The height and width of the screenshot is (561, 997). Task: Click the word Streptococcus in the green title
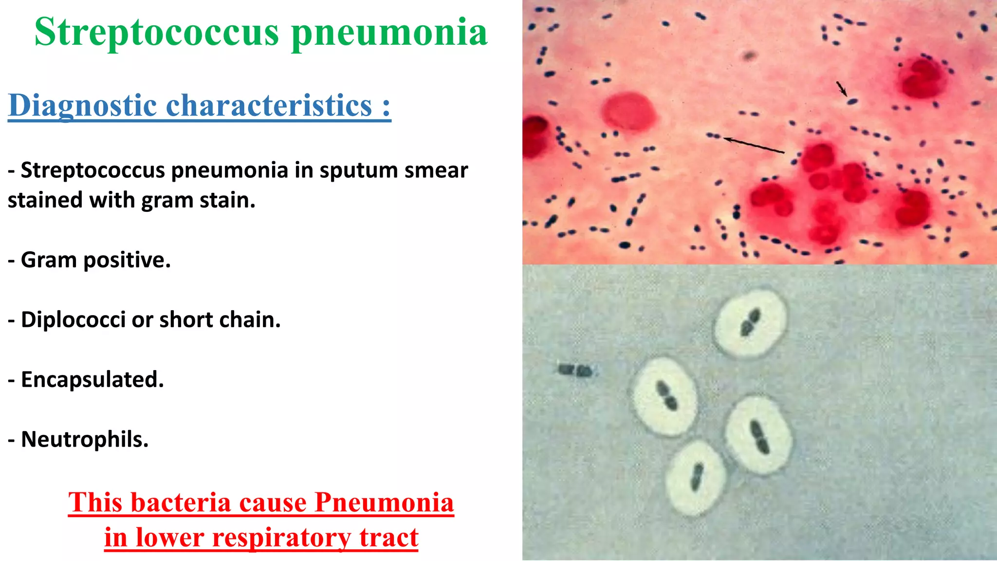point(157,32)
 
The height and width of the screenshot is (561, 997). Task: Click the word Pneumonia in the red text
point(385,502)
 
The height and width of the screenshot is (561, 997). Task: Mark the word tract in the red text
point(389,538)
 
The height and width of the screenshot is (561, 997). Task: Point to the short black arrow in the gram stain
point(842,89)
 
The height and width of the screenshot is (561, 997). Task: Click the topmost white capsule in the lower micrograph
point(750,323)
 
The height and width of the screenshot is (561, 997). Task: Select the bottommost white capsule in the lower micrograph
point(696,477)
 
